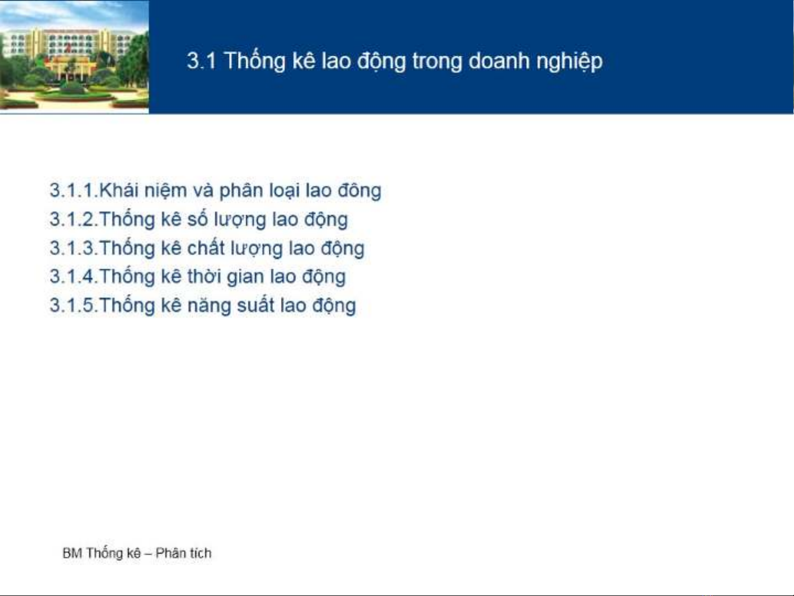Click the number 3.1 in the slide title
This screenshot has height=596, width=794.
tap(202, 61)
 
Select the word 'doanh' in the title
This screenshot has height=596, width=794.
tap(499, 61)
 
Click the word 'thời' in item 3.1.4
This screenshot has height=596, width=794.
tap(204, 276)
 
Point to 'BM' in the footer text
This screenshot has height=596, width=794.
tap(72, 553)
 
